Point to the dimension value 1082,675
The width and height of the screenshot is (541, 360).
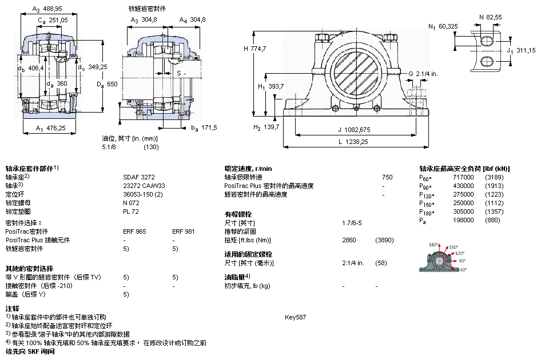pyautogui.click(x=358, y=129)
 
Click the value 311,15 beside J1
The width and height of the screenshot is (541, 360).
pyautogui.click(x=526, y=50)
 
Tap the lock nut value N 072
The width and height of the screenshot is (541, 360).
pyautogui.click(x=132, y=203)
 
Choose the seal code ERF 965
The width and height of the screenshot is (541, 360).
pyautogui.click(x=134, y=231)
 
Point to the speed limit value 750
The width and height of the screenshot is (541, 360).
pyautogui.click(x=387, y=177)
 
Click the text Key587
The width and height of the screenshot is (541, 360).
pyautogui.click(x=296, y=317)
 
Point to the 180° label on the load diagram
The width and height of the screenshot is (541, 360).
pyautogui.click(x=433, y=244)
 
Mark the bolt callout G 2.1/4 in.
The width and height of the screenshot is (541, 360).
pyautogui.click(x=423, y=74)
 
